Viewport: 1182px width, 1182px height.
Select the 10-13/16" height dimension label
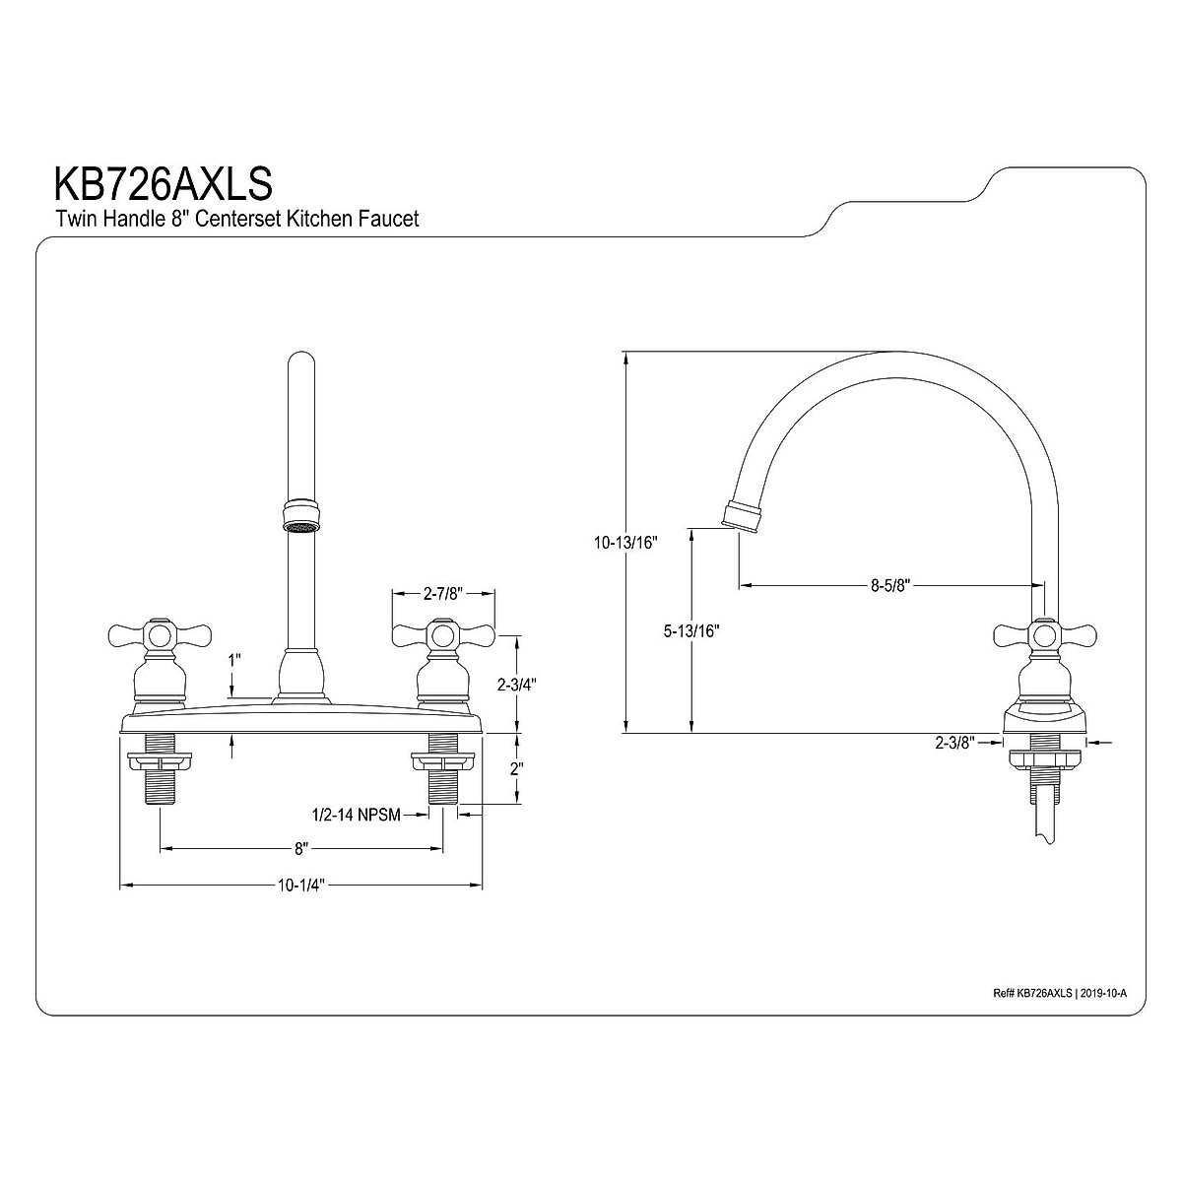(625, 542)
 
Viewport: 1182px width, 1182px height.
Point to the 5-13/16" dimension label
(691, 630)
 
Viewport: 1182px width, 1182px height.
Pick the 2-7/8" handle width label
(443, 593)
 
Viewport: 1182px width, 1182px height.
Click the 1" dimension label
(234, 661)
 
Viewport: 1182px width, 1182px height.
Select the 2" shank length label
(516, 768)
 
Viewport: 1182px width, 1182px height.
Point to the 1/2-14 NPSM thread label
(357, 815)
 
